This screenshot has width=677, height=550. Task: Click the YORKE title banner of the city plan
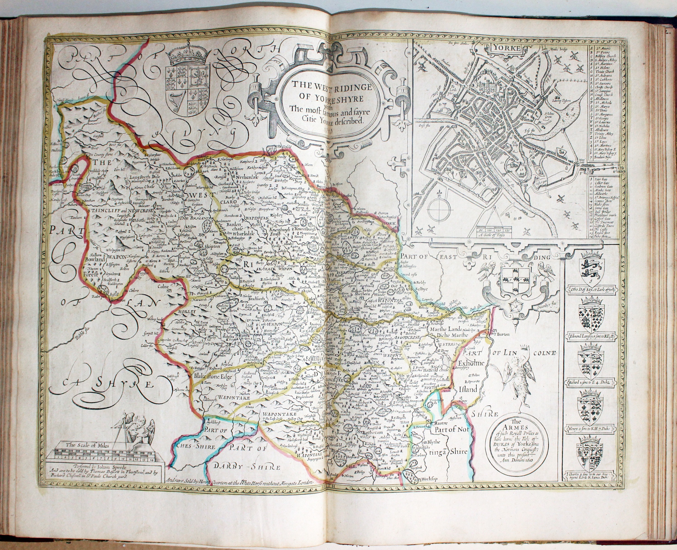pos(505,48)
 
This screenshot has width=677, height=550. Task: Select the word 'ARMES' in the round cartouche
pos(515,427)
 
